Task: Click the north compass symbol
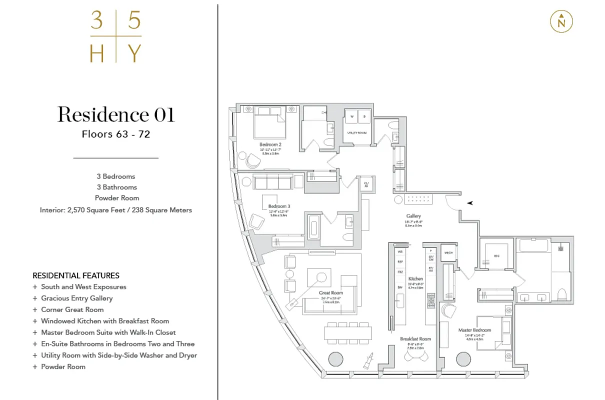(x=561, y=22)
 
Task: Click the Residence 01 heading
(x=116, y=114)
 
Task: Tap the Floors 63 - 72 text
(x=116, y=134)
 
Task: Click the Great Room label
(x=331, y=292)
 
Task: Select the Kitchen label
(x=415, y=278)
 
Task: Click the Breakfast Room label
(x=415, y=339)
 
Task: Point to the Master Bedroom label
(x=474, y=330)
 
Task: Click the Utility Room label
(x=357, y=132)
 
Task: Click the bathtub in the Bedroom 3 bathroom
(x=313, y=227)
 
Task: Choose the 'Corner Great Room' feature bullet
(x=73, y=309)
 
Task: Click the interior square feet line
(x=116, y=210)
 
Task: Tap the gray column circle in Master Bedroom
(x=463, y=359)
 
